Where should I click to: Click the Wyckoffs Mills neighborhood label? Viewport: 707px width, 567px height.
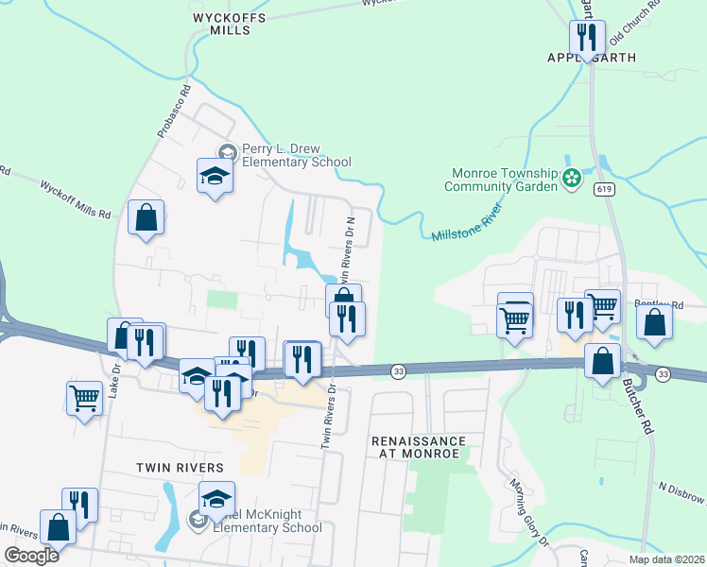click(x=228, y=24)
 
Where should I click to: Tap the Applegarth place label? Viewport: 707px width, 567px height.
click(x=591, y=58)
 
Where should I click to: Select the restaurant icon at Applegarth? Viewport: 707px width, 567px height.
click(x=587, y=38)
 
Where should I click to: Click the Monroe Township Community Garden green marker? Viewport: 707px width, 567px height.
click(x=571, y=178)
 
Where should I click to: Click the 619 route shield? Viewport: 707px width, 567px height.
click(x=602, y=190)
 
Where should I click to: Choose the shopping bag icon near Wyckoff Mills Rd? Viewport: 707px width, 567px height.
click(x=147, y=218)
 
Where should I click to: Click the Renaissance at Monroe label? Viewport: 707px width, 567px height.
click(x=419, y=447)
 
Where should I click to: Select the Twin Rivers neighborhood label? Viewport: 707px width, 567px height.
click(x=180, y=468)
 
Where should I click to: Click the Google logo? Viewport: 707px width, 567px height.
click(x=31, y=556)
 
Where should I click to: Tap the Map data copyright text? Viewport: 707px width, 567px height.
click(x=665, y=559)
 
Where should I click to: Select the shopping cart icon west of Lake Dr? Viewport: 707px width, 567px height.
click(x=84, y=398)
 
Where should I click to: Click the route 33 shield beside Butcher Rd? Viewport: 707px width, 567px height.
click(x=664, y=374)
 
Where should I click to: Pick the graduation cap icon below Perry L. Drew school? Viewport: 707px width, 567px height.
click(x=215, y=175)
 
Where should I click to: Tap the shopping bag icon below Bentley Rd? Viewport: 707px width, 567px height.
click(x=655, y=322)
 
